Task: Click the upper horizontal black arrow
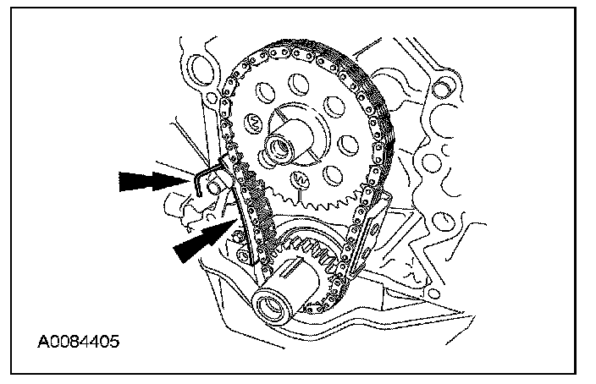[151, 178]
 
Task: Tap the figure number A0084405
[78, 343]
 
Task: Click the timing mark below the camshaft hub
[297, 179]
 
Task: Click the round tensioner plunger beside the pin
[218, 184]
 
